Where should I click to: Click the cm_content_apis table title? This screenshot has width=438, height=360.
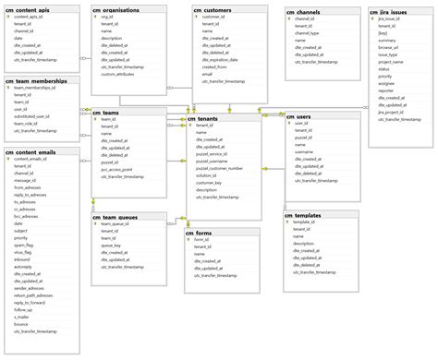tap(30, 8)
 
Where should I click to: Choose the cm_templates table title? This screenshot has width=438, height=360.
tap(304, 215)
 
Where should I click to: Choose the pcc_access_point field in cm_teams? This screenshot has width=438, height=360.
tap(119, 169)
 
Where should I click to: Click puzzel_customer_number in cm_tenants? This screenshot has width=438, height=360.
tap(220, 169)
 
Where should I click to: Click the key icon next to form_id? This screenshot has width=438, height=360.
tap(189, 240)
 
